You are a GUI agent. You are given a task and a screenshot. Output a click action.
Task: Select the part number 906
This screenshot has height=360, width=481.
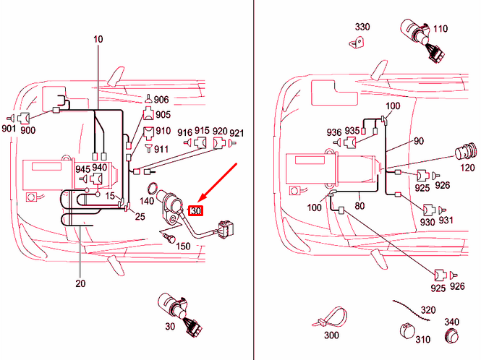click(161, 100)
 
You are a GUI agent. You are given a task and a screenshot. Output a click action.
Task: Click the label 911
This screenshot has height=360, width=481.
click(161, 149)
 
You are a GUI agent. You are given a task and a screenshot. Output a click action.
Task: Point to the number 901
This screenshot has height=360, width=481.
click(9, 129)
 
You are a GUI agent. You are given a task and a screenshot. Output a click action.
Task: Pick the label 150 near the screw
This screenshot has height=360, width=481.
click(184, 247)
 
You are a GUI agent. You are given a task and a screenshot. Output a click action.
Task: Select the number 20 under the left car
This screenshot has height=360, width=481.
click(80, 283)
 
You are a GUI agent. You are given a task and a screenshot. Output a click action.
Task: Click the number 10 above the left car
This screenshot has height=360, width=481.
click(98, 38)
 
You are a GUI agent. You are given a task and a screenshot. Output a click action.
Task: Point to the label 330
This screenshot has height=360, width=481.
click(362, 27)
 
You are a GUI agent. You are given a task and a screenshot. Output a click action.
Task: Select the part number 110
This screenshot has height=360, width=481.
click(440, 29)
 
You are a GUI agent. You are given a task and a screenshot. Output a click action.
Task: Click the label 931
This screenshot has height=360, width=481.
click(446, 222)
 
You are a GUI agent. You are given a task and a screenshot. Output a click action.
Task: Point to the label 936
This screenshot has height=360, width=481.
click(333, 132)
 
